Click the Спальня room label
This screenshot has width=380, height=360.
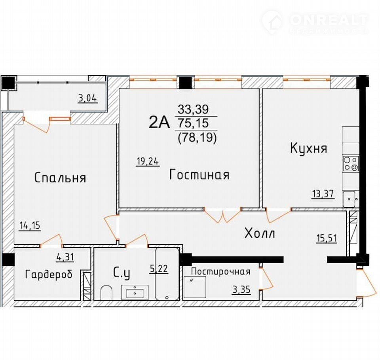point(60,178)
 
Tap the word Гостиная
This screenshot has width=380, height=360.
point(199,174)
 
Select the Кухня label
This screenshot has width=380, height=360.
point(308,148)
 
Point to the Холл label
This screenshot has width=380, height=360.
point(260,233)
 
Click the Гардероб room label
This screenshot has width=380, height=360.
point(49,275)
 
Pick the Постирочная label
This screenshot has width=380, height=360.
point(220,271)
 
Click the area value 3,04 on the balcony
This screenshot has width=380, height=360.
point(88,99)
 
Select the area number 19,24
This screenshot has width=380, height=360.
point(148,161)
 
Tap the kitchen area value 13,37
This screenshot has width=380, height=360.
point(323,194)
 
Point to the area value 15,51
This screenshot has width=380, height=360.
point(327,238)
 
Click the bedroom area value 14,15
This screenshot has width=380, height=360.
point(30,225)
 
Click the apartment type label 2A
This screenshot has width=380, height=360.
point(159,122)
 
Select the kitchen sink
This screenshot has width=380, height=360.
point(351,199)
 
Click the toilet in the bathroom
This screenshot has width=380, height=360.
point(106,293)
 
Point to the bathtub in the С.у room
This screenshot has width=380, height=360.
point(167,274)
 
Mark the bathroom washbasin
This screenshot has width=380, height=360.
point(135,292)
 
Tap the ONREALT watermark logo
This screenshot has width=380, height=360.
point(315,22)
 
